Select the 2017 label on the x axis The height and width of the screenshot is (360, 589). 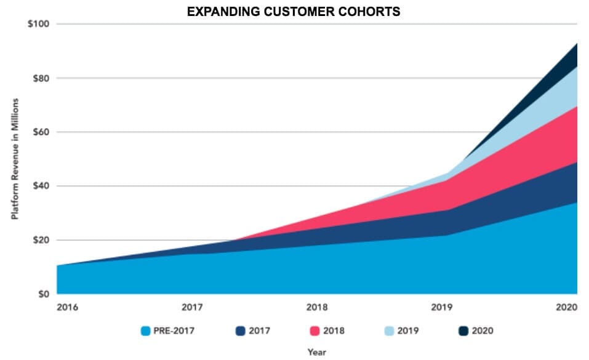coord(193,306)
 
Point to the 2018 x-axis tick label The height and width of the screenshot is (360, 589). coord(317,306)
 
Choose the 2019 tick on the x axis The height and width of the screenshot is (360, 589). coord(442,306)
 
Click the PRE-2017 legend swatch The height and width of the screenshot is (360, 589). coord(145,331)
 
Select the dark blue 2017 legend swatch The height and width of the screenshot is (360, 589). coord(240,331)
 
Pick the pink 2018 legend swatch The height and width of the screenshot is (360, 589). coord(315,331)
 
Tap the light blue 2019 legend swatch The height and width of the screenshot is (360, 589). coord(389,331)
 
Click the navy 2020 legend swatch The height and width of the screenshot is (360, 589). coord(463,331)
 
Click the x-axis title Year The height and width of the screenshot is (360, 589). coord(317,352)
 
